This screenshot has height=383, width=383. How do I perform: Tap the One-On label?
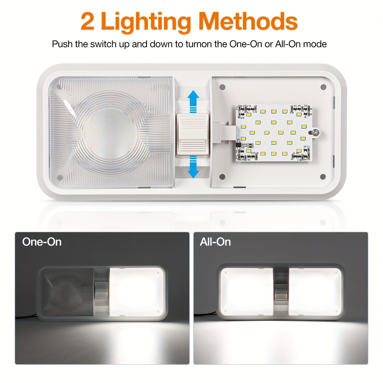click(x=42, y=242)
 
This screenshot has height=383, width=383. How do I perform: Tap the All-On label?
click(x=215, y=242)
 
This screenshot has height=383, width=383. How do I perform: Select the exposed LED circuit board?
click(x=274, y=133)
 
